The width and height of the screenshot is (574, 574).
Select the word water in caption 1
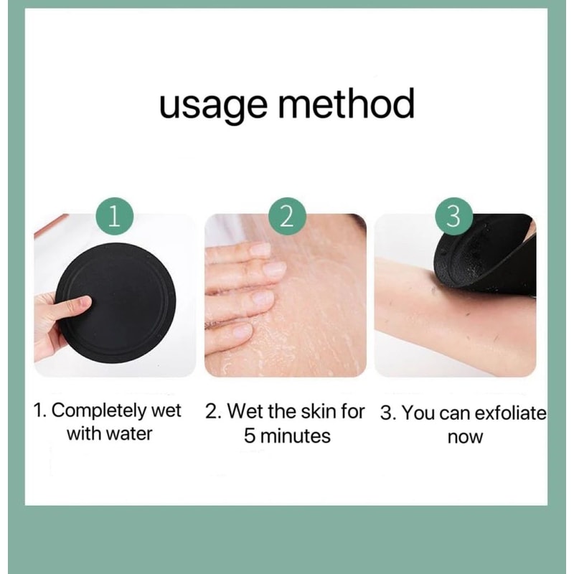click(x=130, y=434)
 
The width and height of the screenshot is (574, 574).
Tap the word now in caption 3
click(x=465, y=436)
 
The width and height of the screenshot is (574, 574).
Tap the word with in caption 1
click(x=84, y=434)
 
